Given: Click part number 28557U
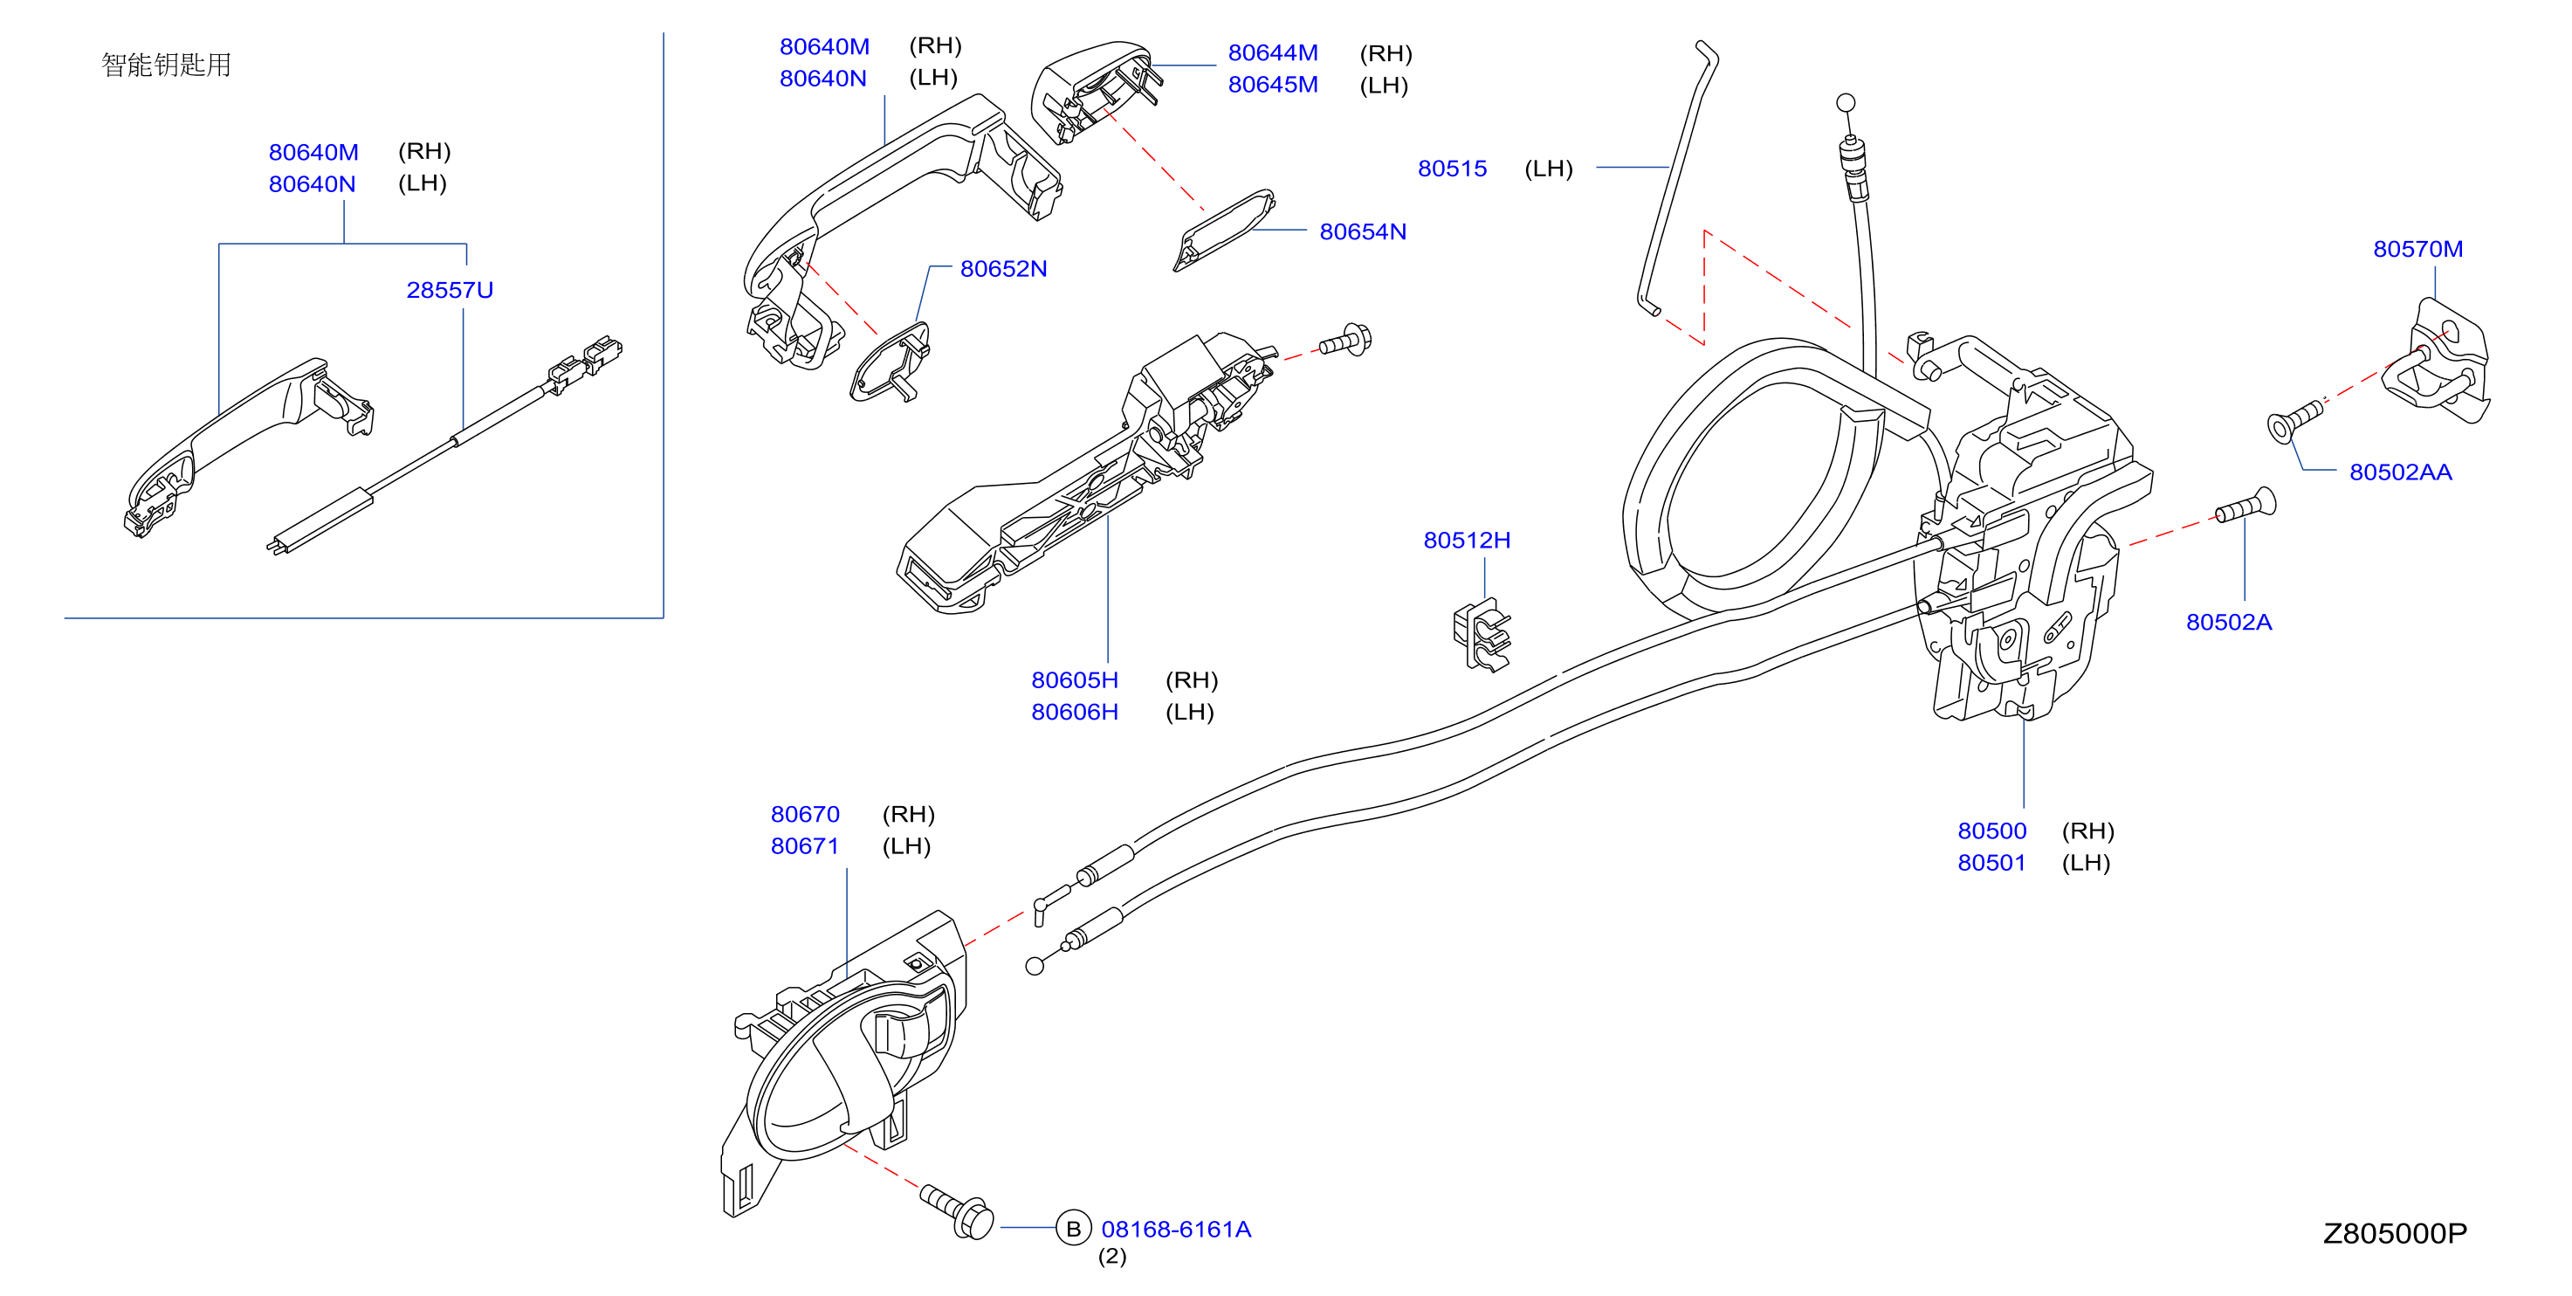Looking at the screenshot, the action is click(x=450, y=290).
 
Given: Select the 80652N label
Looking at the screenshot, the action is click(x=1003, y=269).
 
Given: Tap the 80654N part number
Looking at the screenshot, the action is click(x=1363, y=231).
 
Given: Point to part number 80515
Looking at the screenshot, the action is click(x=1452, y=169).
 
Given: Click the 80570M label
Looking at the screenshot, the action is click(x=2417, y=249).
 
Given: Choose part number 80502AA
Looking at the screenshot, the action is click(x=2400, y=472).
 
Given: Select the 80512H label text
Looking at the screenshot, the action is click(x=1467, y=541).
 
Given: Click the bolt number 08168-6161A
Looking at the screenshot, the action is click(x=1176, y=1229).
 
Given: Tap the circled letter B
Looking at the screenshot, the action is click(x=1073, y=1228).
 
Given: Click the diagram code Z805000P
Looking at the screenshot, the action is click(x=2394, y=1234).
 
